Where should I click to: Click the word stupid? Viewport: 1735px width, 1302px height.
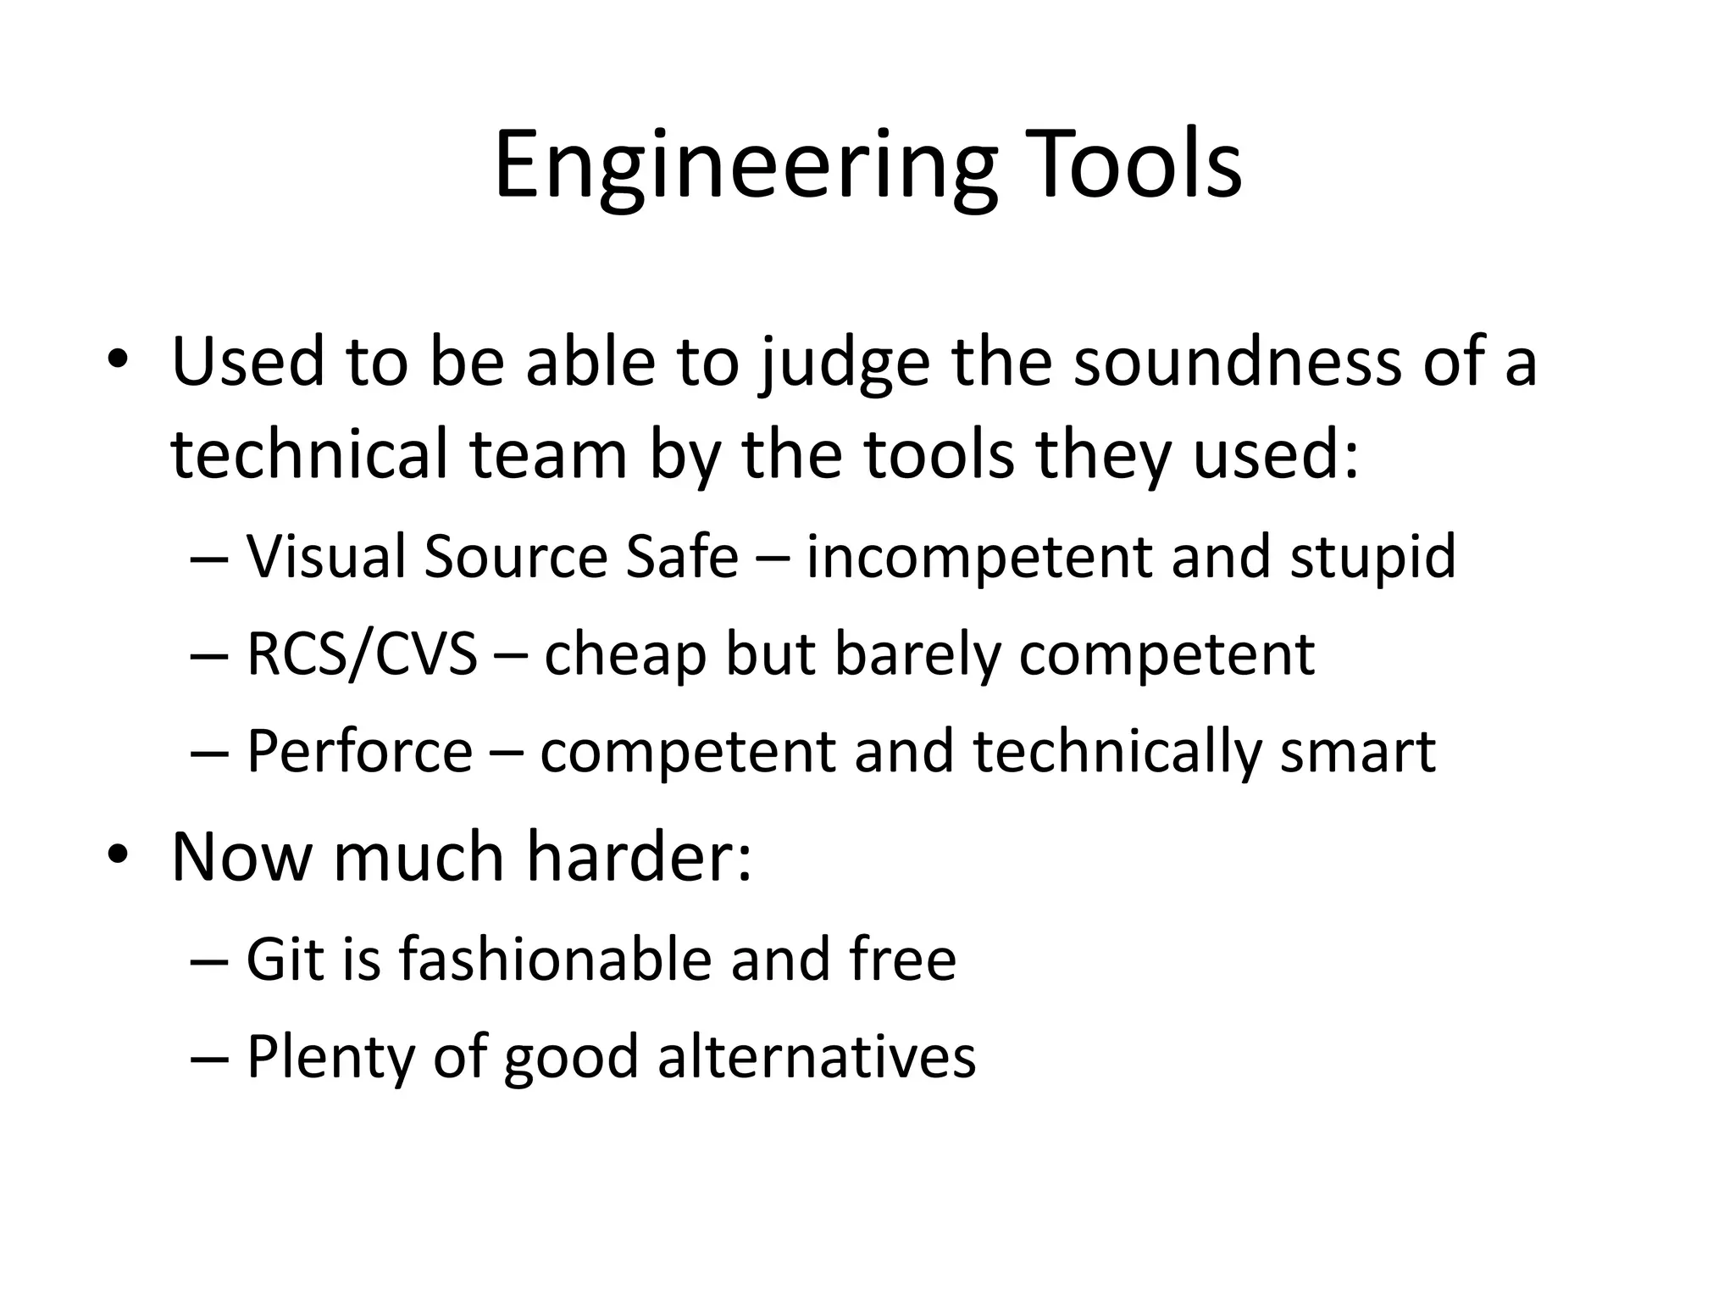pyautogui.click(x=1372, y=557)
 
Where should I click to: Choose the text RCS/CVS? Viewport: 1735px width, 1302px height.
pyautogui.click(x=362, y=654)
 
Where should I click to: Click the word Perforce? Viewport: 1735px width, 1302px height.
pyautogui.click(x=359, y=751)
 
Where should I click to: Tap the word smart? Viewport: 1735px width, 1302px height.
pyautogui.click(x=1357, y=751)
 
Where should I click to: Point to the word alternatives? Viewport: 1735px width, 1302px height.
pyautogui.click(x=817, y=1057)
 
